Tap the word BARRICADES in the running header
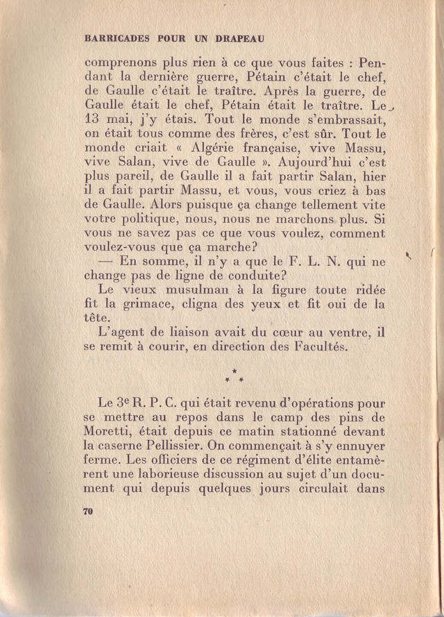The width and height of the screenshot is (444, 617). point(116,39)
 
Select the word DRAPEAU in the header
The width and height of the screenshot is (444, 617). point(239,39)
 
